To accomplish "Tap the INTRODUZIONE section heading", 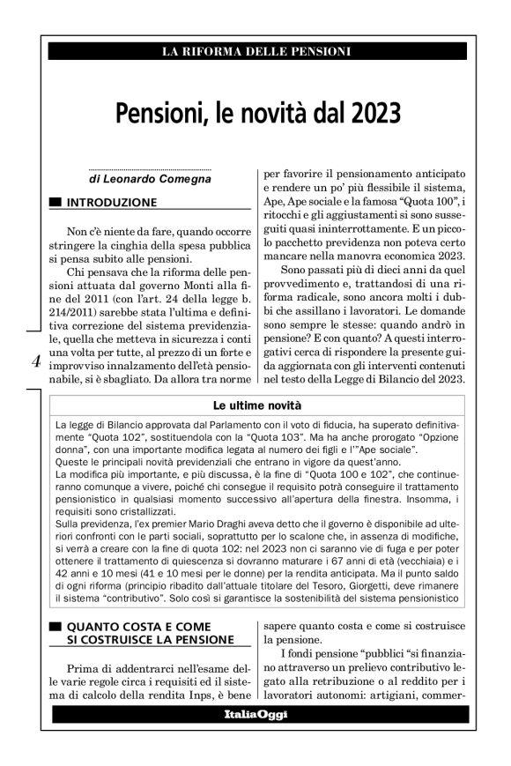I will point(112,203).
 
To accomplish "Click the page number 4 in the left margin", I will point(35,360).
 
